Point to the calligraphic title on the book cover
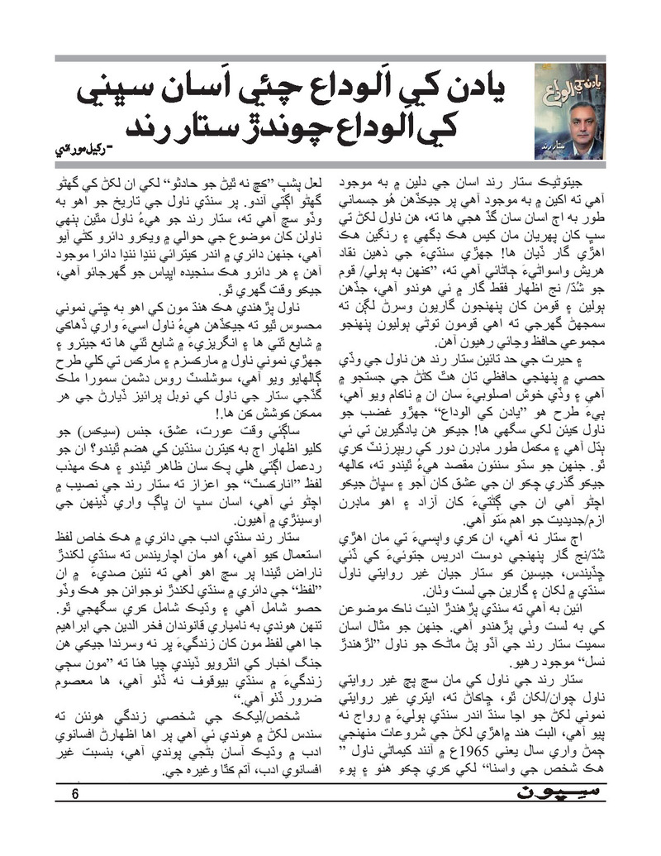pyautogui.click(x=568, y=84)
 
